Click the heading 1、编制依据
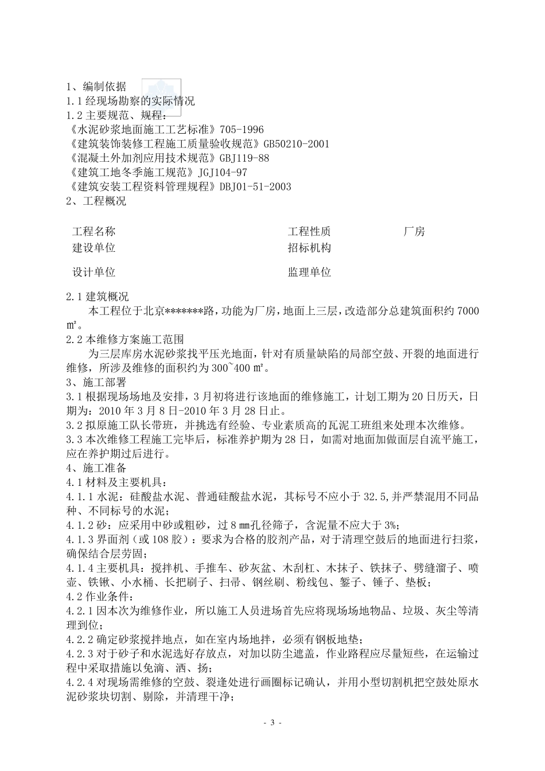point(96,87)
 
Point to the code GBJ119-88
point(244,158)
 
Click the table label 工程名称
point(94,232)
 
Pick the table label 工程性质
point(309,232)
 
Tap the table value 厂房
point(414,232)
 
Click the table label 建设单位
point(94,248)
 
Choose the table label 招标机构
point(309,248)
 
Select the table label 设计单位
point(94,272)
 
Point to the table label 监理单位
point(309,272)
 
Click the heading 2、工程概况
point(96,201)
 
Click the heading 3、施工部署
point(96,382)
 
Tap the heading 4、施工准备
point(96,468)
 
